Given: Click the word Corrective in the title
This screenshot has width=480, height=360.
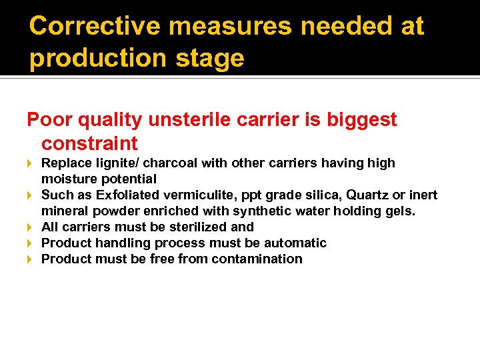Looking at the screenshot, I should point(94,27).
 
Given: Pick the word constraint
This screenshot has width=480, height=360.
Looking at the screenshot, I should point(89,143).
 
